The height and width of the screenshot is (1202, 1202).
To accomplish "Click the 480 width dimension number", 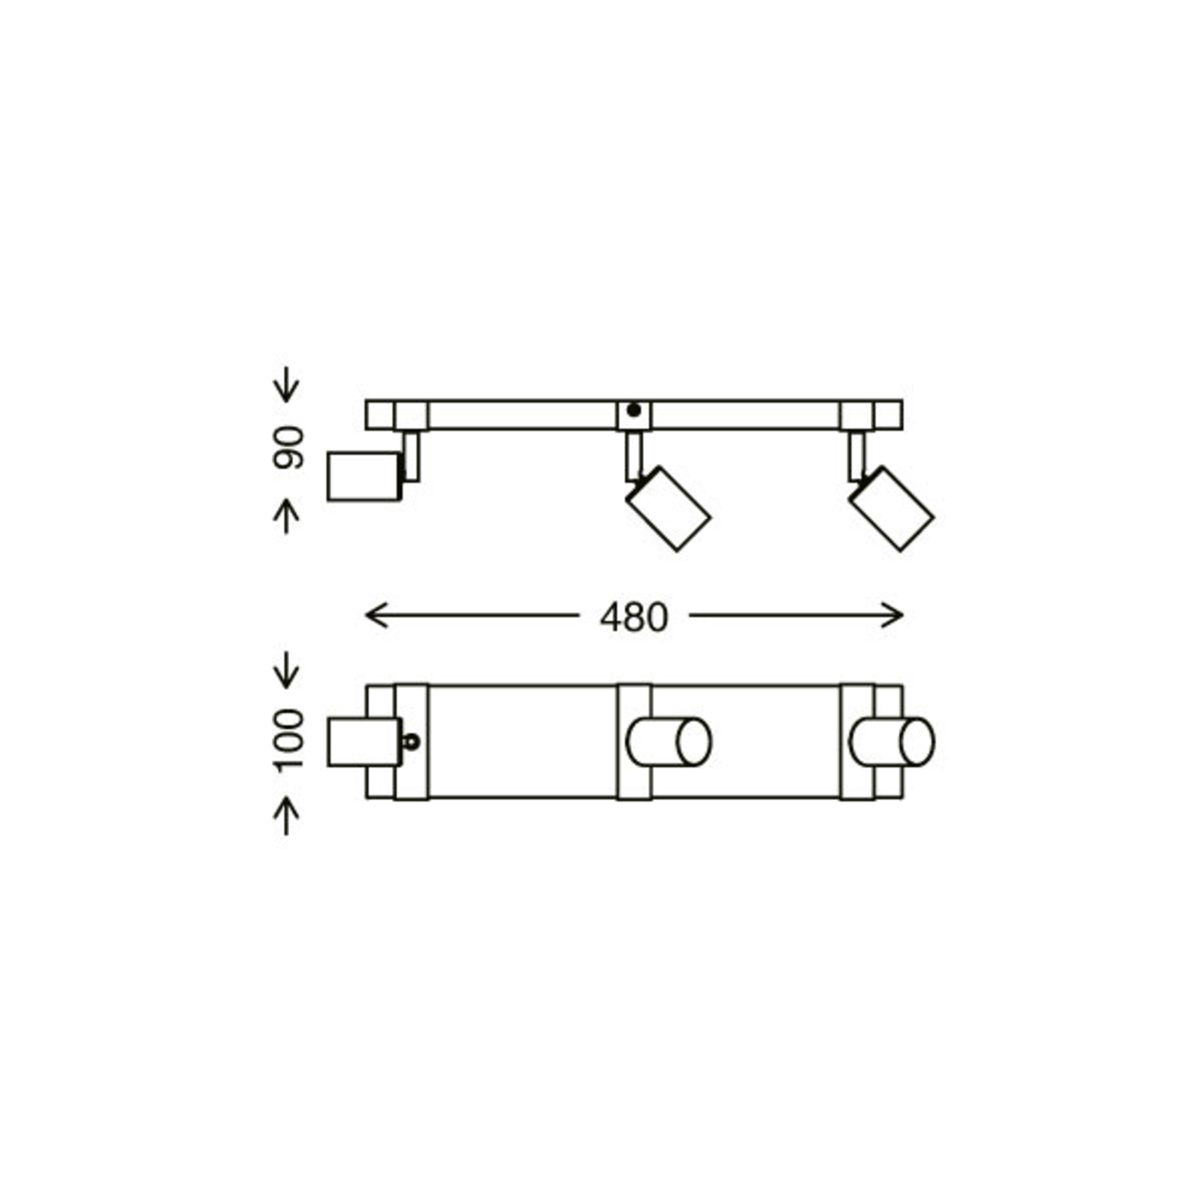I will pos(633,618).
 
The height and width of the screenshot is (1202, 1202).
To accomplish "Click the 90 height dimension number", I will pos(288,448).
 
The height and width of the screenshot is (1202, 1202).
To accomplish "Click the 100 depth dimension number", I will pos(288,740).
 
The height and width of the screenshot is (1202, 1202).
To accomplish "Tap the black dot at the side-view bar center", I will pos(633,410).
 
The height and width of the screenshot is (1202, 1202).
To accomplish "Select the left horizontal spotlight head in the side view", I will pos(364,476).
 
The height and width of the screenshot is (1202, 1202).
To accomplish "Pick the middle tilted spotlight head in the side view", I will pos(668,509).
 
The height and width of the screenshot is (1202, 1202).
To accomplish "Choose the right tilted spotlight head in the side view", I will pos(891,509).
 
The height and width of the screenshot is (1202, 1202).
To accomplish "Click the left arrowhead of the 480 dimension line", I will pos(370,615).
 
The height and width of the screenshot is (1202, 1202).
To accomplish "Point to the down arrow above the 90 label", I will pos(285,385).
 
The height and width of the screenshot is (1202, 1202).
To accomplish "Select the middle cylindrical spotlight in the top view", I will pos(669,741).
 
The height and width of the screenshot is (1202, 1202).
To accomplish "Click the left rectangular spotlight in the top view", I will pos(364,741).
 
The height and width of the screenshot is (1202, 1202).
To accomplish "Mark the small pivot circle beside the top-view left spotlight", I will pos(411,742).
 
